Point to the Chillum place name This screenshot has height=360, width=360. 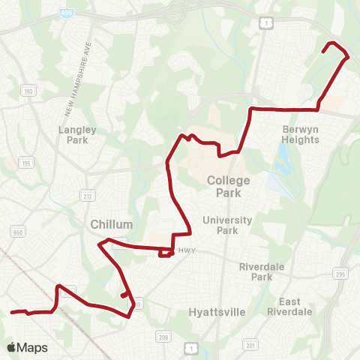[111, 224]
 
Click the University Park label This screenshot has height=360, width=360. [221, 225]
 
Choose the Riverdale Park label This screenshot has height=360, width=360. [261, 271]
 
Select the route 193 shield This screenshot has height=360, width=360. [28, 91]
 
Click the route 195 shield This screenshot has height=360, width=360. [25, 163]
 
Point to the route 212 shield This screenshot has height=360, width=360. [87, 194]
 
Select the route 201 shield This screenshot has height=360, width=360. [250, 345]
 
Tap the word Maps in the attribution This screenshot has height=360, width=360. [32, 347]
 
